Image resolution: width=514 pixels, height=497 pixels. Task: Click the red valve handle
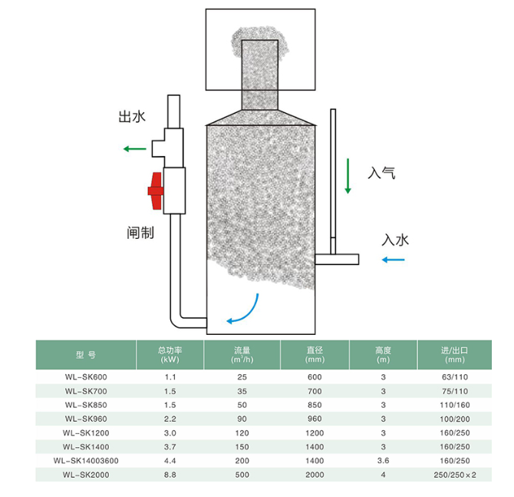pyautogui.click(x=156, y=191)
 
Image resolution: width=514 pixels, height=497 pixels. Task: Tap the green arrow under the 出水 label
pyautogui.click(x=135, y=149)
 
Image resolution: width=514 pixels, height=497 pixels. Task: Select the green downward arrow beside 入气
pyautogui.click(x=348, y=176)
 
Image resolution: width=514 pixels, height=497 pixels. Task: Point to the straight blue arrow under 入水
pyautogui.click(x=394, y=260)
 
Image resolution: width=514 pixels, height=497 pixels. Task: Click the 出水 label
pyautogui.click(x=132, y=117)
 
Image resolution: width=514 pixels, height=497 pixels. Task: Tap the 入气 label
pyautogui.click(x=381, y=173)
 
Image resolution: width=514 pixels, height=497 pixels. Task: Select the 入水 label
pyautogui.click(x=395, y=240)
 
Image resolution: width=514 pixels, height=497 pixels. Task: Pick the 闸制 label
pyautogui.click(x=140, y=233)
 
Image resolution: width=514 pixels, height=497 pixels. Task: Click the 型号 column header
pyautogui.click(x=86, y=355)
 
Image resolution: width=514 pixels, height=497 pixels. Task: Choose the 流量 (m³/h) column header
pyautogui.click(x=242, y=355)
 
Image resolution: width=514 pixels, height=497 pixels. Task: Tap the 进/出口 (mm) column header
pyautogui.click(x=455, y=355)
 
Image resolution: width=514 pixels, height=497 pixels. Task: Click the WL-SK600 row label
pyautogui.click(x=86, y=377)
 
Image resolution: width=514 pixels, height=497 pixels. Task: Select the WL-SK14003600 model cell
pyautogui.click(x=86, y=461)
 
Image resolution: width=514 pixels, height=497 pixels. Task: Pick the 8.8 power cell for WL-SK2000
pyautogui.click(x=170, y=475)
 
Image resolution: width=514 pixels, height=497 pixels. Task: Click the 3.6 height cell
pyautogui.click(x=384, y=461)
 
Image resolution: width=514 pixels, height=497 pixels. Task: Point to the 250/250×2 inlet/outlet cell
pyautogui.click(x=455, y=475)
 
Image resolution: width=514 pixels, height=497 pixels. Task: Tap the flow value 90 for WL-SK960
pyautogui.click(x=242, y=419)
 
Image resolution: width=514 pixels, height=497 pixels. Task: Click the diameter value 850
pyautogui.click(x=315, y=405)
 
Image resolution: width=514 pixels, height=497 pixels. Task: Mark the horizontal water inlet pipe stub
pyautogui.click(x=337, y=260)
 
